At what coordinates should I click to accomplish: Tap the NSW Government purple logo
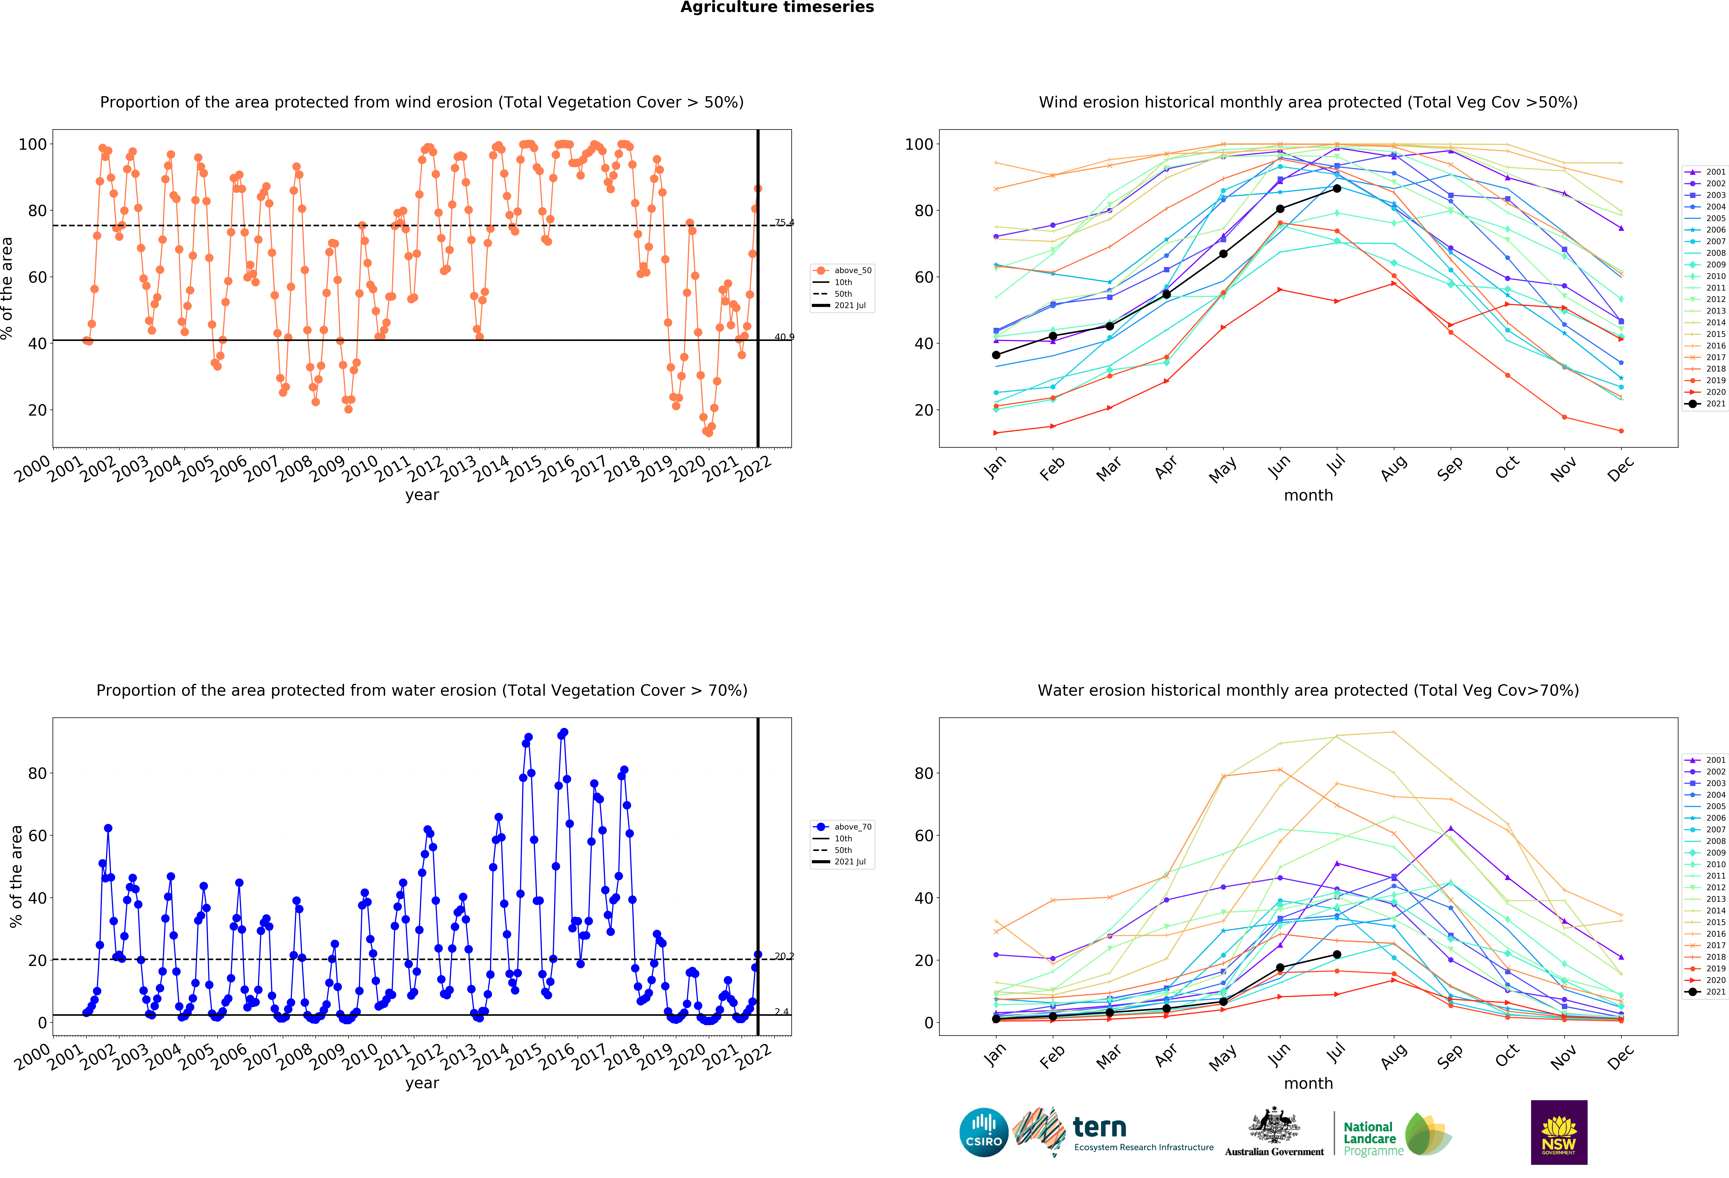pyautogui.click(x=1559, y=1132)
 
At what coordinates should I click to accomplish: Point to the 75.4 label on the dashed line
pyautogui.click(x=784, y=222)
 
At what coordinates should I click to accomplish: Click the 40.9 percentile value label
pyautogui.click(x=784, y=337)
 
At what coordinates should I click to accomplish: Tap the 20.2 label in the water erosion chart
pyautogui.click(x=784, y=956)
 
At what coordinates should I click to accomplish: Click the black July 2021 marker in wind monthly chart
pyautogui.click(x=1337, y=189)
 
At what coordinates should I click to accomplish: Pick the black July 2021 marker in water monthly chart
pyautogui.click(x=1337, y=954)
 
